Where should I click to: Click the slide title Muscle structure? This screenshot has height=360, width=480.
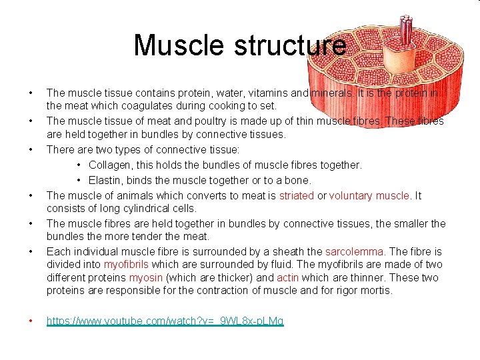point(240,45)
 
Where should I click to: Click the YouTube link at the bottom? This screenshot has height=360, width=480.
point(165,321)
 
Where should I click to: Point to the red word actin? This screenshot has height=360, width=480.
point(288,277)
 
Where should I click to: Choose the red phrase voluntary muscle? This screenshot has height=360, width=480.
point(370,195)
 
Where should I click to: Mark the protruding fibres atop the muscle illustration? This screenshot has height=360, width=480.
point(405,27)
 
